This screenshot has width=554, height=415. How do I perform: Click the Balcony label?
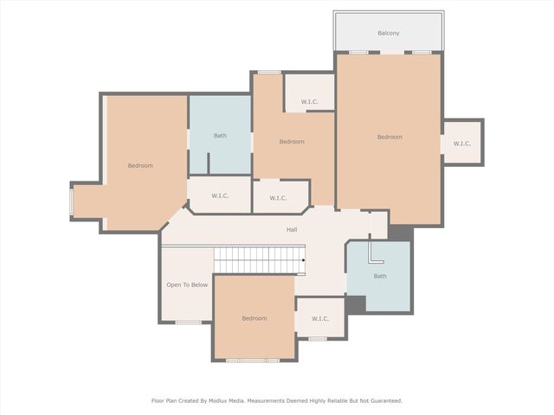pos(389,33)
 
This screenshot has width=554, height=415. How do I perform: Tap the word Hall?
pos(292,230)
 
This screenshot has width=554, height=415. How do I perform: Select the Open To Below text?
pos(187,284)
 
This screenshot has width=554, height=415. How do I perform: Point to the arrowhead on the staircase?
pos(303,259)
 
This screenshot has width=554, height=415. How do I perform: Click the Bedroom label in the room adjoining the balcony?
pos(390,137)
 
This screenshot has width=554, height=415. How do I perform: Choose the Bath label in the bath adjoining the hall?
pos(380,277)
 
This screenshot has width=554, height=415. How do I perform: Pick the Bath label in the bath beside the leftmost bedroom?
pos(221,136)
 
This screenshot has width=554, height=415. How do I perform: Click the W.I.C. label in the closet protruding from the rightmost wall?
pos(461,144)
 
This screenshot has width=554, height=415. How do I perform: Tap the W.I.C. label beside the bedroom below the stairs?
pos(320,319)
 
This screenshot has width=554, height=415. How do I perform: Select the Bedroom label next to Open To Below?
pos(254,318)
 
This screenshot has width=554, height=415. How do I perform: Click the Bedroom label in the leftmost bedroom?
pos(140,166)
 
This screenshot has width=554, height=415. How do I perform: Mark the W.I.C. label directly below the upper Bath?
pos(220,196)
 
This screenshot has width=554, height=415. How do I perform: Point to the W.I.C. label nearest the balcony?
pos(310,103)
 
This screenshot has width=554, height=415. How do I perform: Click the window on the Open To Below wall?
pos(188,322)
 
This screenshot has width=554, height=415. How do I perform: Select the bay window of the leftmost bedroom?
pos(72,201)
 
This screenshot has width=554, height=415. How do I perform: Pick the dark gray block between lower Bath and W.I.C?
pos(355,304)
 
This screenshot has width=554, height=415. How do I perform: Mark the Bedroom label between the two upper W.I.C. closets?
pos(292,142)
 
